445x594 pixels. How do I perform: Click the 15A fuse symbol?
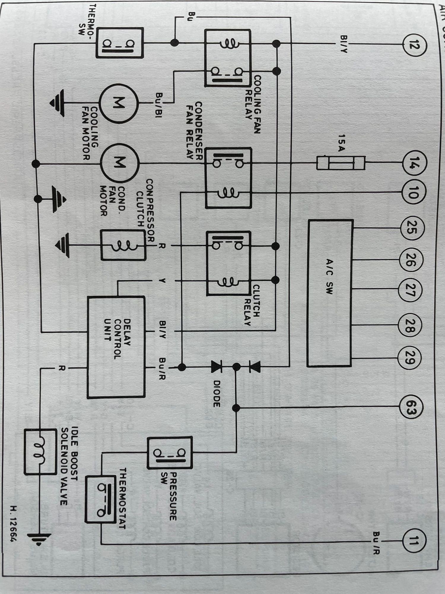click(341, 163)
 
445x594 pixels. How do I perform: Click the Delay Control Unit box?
click(116, 347)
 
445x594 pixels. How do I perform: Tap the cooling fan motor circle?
click(118, 103)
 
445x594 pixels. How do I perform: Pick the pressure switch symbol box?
click(170, 453)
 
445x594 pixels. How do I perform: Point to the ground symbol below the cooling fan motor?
click(57, 103)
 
